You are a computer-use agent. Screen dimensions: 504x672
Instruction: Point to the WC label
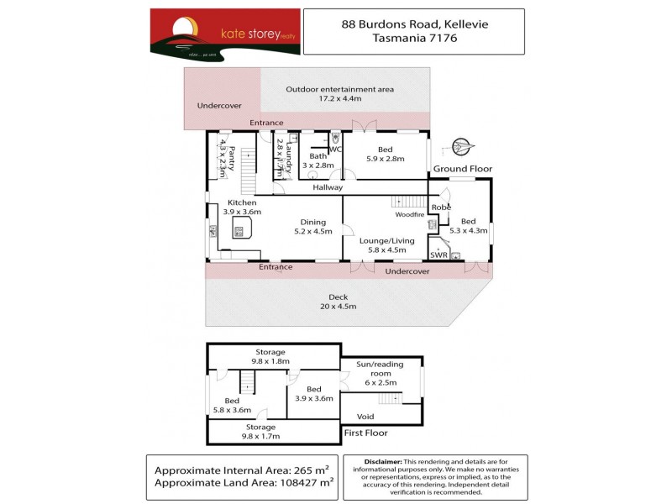pos(336,150)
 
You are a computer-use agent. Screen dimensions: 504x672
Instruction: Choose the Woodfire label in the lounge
pos(410,214)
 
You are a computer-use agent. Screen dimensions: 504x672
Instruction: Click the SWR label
pos(438,254)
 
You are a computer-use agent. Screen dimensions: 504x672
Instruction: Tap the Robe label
pos(441,207)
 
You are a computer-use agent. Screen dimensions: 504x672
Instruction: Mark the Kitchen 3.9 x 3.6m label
pos(242,207)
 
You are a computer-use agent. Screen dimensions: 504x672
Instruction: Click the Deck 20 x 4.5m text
pos(338,301)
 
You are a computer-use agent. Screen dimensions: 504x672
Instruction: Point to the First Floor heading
pos(365,433)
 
